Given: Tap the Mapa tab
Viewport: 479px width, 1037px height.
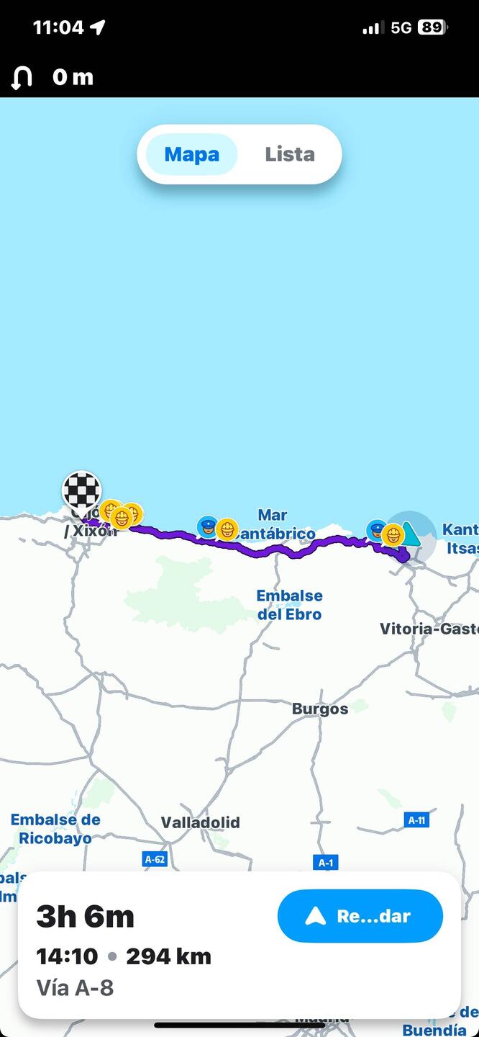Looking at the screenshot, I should [x=191, y=154].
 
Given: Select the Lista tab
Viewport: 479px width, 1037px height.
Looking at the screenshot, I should [x=289, y=154].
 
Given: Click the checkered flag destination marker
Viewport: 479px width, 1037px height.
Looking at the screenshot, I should [x=81, y=491].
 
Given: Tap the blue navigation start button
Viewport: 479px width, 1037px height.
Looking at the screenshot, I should [x=360, y=916].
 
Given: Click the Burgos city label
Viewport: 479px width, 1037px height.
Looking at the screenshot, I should [x=320, y=709].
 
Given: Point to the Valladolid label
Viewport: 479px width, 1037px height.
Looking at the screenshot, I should [x=200, y=822].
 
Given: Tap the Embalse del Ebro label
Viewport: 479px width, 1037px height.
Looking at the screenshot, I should [x=290, y=605].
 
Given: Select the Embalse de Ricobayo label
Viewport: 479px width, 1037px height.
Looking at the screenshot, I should [x=55, y=829].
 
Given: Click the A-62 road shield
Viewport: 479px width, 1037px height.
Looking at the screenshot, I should [x=155, y=858].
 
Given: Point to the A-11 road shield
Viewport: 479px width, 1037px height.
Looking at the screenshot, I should [x=416, y=820].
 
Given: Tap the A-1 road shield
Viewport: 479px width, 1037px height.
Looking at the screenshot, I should [x=325, y=862].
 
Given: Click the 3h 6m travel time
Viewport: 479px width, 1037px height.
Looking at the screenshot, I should [x=85, y=916].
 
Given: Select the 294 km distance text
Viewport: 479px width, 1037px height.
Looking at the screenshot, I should [x=168, y=956].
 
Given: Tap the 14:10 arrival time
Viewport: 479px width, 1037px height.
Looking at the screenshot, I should [x=67, y=956].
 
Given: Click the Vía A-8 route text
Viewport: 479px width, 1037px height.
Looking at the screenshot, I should [x=75, y=987].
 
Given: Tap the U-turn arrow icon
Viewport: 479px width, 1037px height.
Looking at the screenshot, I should [x=22, y=77].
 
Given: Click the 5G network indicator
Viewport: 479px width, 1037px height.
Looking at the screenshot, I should [x=401, y=27].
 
